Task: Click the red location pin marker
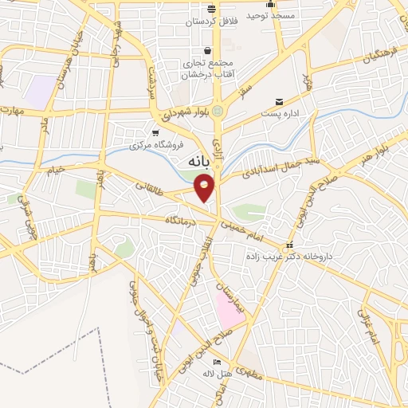205,187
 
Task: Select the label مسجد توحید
270,16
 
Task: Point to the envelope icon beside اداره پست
279,101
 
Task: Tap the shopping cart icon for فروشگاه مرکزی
155,133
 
